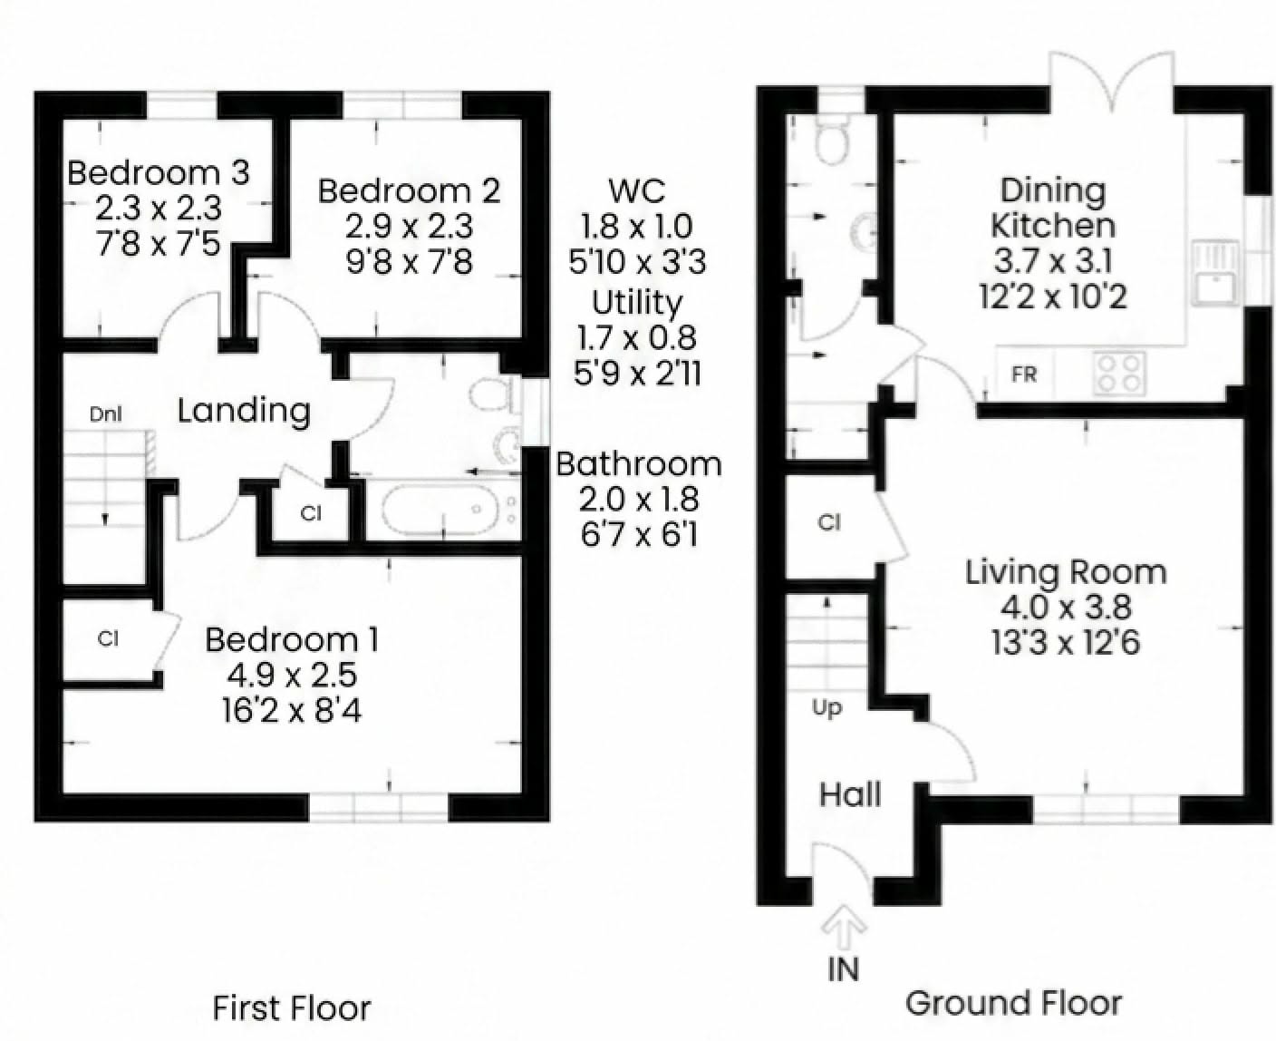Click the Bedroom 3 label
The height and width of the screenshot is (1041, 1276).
pos(158,172)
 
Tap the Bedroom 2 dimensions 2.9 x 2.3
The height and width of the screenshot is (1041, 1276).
pos(409,227)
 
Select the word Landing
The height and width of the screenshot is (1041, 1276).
pos(244,411)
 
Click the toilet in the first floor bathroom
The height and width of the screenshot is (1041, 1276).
pos(490,396)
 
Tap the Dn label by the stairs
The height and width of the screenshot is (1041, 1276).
pos(105,414)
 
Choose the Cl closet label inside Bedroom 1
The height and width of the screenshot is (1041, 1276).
pos(109,639)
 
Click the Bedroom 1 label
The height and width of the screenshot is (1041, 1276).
pos(292,640)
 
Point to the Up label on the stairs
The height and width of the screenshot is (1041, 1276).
pos(826,708)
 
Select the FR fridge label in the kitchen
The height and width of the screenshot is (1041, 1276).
pos(1024,375)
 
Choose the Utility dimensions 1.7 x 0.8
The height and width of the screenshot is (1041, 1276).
pos(637,338)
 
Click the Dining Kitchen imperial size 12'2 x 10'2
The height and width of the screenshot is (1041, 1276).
pos(1053,297)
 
